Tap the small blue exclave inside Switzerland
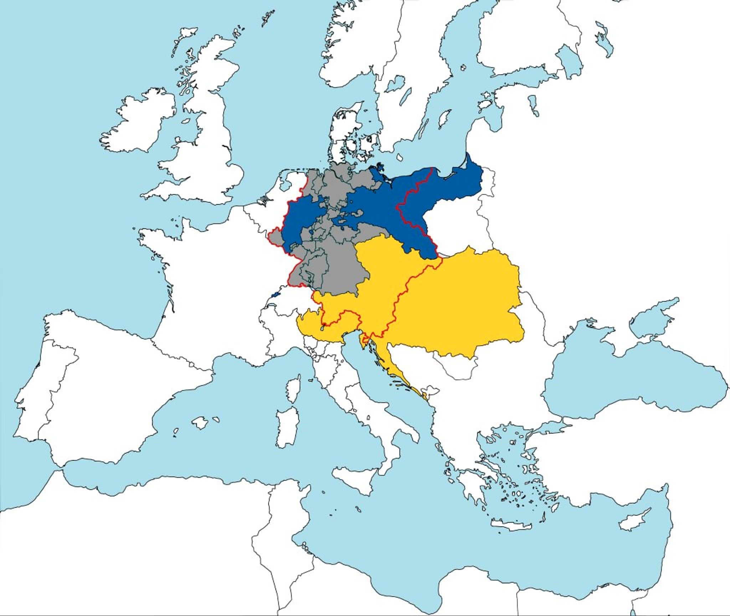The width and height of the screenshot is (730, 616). (x=275, y=295)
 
